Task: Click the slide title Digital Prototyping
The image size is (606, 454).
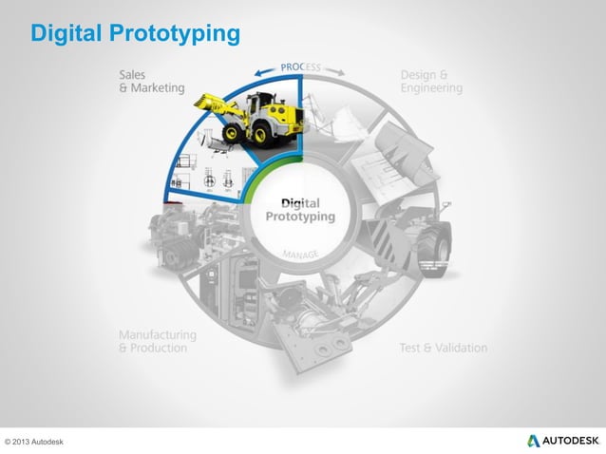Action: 135,35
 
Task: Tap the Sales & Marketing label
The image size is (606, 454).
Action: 150,82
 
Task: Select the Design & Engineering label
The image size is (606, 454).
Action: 431,82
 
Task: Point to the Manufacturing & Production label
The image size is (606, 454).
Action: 158,341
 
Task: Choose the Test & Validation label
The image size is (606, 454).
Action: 443,348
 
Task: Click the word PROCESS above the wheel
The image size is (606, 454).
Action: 300,68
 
